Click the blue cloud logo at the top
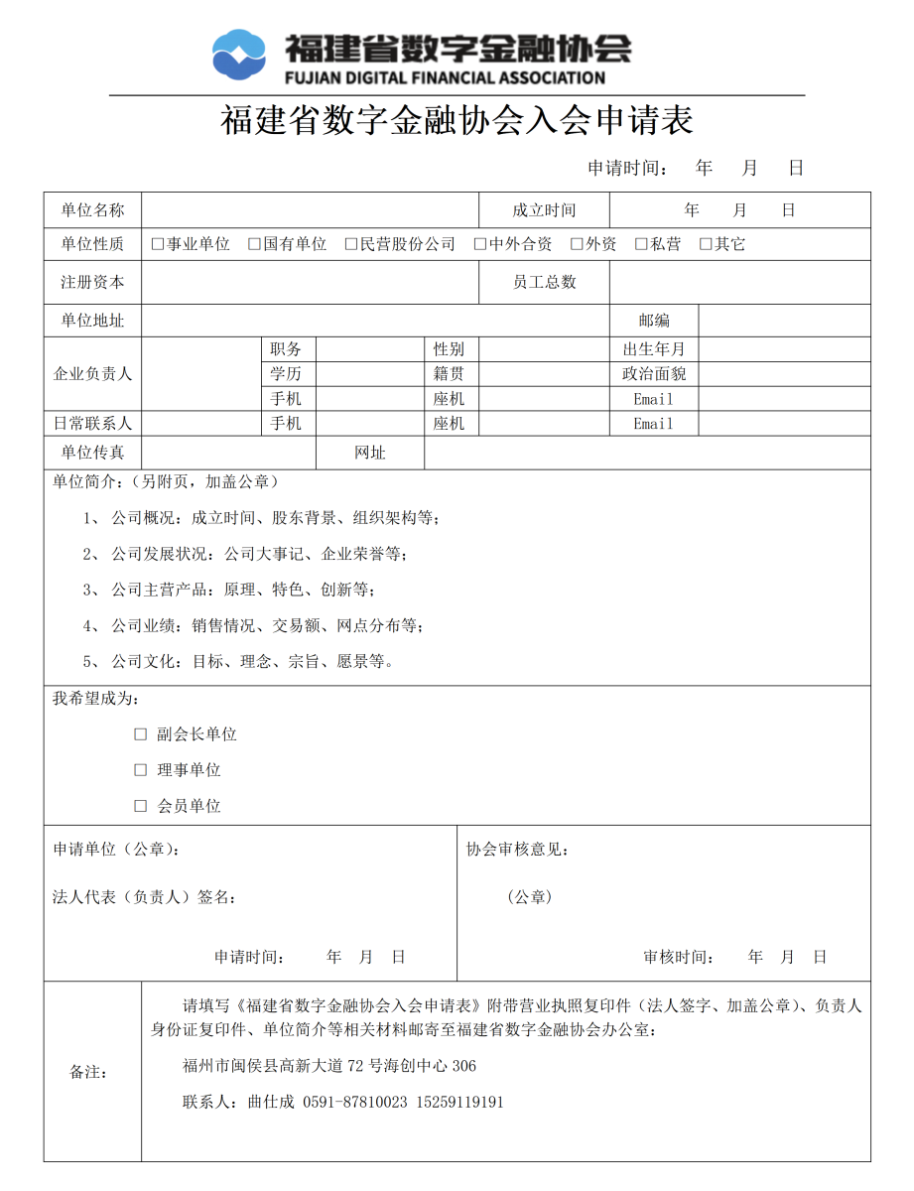point(239,55)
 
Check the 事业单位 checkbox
point(157,244)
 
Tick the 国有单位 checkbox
point(254,244)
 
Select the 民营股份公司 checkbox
point(350,244)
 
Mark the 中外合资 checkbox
point(480,244)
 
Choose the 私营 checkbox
point(641,244)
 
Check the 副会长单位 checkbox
point(140,734)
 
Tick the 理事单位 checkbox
point(140,770)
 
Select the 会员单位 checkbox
point(140,806)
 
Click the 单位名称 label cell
point(92,210)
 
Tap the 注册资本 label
point(92,282)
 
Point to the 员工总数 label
point(544,282)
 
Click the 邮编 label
point(654,321)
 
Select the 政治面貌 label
point(654,374)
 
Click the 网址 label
point(370,453)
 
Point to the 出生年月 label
point(654,349)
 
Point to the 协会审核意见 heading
point(517,851)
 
